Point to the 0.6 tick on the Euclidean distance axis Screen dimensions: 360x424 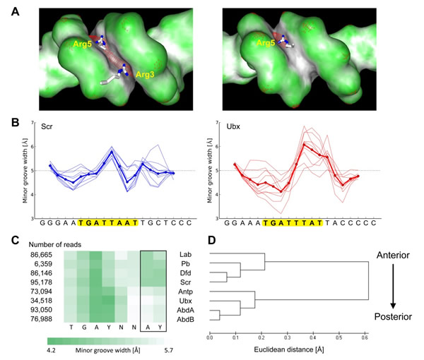pyautogui.click(x=365, y=337)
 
